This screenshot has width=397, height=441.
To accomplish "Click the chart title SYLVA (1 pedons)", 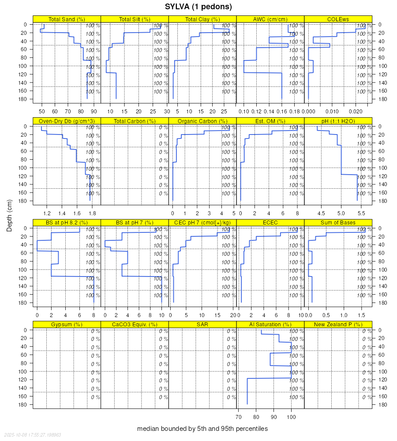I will click(x=198, y=7).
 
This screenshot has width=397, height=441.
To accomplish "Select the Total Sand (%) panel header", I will click(x=67, y=19).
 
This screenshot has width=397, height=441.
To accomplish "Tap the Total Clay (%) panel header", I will click(x=202, y=19).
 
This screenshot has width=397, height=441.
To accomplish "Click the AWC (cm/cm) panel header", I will click(x=270, y=19).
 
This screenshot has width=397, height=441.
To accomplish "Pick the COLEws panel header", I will click(x=338, y=19).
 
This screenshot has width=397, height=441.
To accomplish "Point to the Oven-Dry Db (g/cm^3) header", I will click(x=67, y=121).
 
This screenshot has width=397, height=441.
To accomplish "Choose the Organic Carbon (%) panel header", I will click(x=202, y=121).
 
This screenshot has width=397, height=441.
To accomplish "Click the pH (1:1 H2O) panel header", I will click(x=338, y=121).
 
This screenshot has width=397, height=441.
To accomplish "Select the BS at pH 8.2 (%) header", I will click(x=67, y=223).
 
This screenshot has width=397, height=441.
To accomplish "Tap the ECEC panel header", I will click(x=270, y=223).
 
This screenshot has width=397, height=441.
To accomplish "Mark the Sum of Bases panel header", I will click(x=338, y=223).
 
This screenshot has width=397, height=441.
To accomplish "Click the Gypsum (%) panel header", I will click(x=67, y=325).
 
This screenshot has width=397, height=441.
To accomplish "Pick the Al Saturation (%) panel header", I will click(x=270, y=325).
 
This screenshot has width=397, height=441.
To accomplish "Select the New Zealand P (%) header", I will click(x=338, y=325).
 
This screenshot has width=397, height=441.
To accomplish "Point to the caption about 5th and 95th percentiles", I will click(x=202, y=429).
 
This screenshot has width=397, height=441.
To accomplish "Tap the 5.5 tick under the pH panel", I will click(x=361, y=213).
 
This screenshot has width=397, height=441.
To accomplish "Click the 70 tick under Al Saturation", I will click(x=238, y=417).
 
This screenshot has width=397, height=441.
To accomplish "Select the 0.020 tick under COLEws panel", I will click(x=356, y=111).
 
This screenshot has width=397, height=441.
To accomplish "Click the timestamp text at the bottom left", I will click(x=33, y=435).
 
